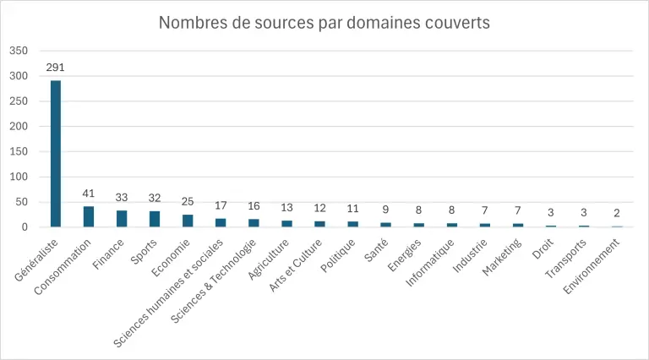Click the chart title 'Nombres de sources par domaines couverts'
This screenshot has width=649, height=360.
tap(324, 23)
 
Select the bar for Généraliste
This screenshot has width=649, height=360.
tap(56, 154)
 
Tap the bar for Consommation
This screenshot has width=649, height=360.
tap(89, 216)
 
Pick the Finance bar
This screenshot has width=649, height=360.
tap(122, 219)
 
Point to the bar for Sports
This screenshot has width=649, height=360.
tap(155, 219)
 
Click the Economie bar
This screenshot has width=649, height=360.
tap(188, 221)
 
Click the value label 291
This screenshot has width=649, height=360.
tap(56, 68)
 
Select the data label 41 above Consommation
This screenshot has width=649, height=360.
tap(89, 194)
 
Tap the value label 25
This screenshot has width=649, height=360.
tap(188, 202)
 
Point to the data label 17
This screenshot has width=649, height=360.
tap(221, 206)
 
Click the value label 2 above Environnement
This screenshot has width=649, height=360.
tap(617, 214)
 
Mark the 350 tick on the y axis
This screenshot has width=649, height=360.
tap(19, 51)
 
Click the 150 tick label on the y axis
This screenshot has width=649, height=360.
tap(19, 152)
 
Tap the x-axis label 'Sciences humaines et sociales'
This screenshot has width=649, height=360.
tap(169, 292)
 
